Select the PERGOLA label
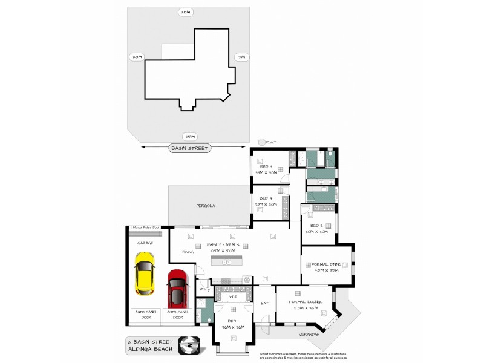[206, 206]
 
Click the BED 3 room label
[266, 166]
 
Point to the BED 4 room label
[266, 198]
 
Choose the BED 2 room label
[316, 225]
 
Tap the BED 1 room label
[233, 321]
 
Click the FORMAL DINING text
[327, 264]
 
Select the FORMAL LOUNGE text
[306, 301]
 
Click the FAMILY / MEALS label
[224, 245]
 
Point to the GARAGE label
[145, 243]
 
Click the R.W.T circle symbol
[261, 143]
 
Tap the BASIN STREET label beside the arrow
[189, 148]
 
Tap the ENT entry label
[264, 303]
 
